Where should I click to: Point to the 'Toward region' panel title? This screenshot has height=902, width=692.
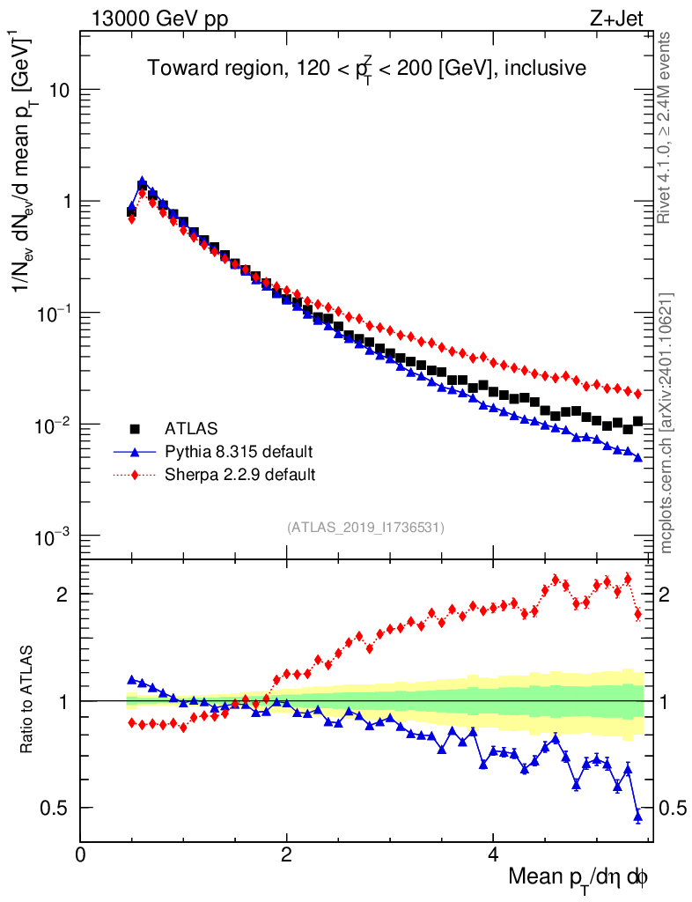pyautogui.click(x=366, y=69)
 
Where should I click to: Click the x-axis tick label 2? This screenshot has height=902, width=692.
pyautogui.click(x=286, y=854)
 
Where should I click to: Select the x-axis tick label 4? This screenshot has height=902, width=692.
pyautogui.click(x=493, y=854)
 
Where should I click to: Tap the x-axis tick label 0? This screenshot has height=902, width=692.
pyautogui.click(x=81, y=854)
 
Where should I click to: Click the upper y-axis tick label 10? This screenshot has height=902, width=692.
pyautogui.click(x=60, y=90)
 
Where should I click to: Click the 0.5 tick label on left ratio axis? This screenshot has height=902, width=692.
pyautogui.click(x=55, y=808)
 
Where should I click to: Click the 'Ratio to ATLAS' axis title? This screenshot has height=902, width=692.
pyautogui.click(x=26, y=699)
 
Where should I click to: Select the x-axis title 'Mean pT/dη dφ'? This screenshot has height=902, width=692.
pyautogui.click(x=578, y=877)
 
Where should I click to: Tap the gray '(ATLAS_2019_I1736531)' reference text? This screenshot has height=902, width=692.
pyautogui.click(x=365, y=528)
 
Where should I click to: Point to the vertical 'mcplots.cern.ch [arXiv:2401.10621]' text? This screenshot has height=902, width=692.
pyautogui.click(x=666, y=423)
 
